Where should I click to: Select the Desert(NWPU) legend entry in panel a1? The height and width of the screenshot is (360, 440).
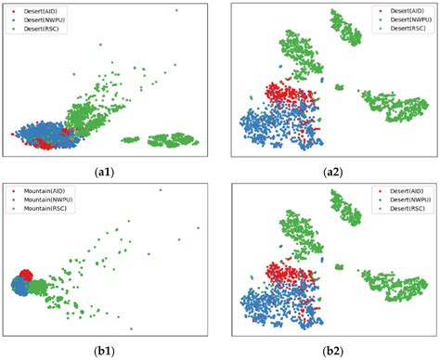pyautogui.click(x=34, y=19)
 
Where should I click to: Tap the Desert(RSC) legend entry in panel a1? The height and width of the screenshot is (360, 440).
pyautogui.click(x=32, y=28)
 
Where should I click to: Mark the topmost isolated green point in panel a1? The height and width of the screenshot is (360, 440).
pyautogui.click(x=176, y=10)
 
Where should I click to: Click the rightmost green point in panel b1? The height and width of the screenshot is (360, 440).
pyautogui.click(x=198, y=228)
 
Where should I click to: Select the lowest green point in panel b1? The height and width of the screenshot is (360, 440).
pyautogui.click(x=131, y=328)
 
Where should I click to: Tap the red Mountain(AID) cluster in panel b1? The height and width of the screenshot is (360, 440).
pyautogui.click(x=26, y=276)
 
